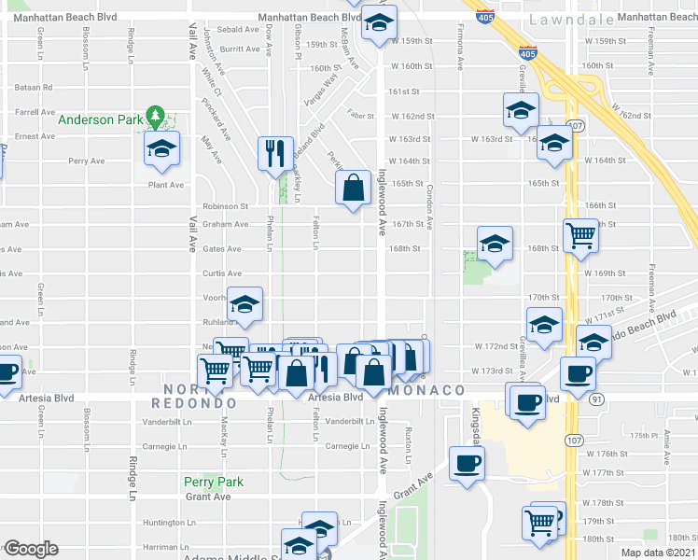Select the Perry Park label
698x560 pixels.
(213, 482)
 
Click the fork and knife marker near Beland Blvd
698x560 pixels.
(274, 152)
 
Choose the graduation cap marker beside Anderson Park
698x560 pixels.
(162, 149)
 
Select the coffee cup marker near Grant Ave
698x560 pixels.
(467, 463)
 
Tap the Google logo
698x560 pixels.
(30, 549)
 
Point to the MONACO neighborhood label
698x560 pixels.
(428, 389)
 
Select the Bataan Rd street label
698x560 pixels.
(34, 87)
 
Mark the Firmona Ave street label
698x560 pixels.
(460, 55)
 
